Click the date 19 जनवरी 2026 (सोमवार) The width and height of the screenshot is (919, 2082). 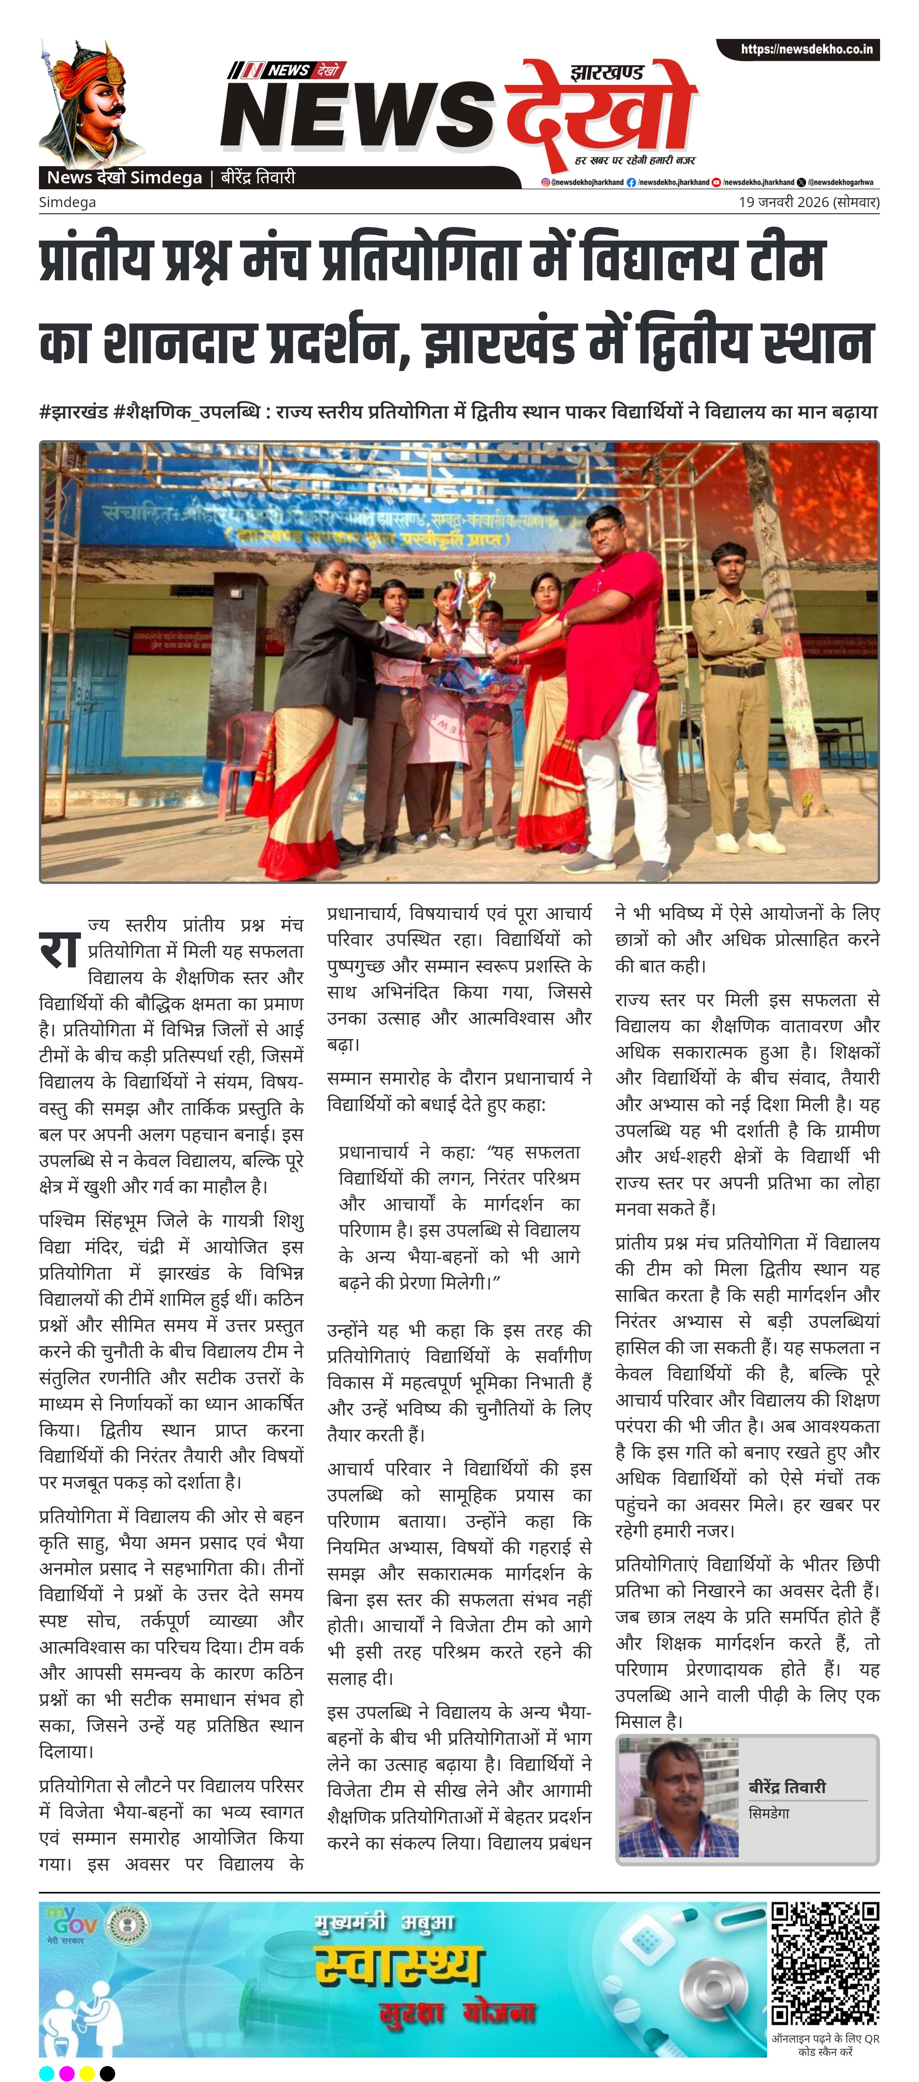[808, 202]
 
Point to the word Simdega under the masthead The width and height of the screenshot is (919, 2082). [67, 202]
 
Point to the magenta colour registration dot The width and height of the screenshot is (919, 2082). [66, 2072]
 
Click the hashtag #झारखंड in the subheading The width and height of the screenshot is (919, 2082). [73, 412]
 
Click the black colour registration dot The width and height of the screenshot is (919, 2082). [107, 2072]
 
